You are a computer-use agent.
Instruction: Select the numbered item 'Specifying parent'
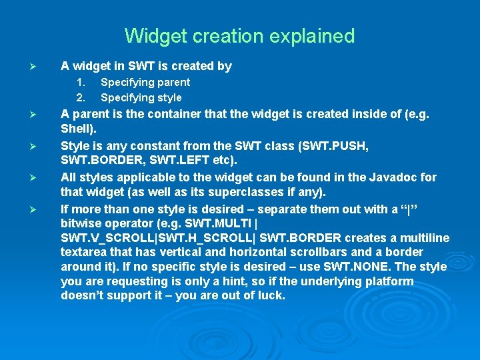(145, 83)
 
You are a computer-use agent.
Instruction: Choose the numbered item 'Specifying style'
(141, 97)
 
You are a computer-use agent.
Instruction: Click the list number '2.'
(81, 97)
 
